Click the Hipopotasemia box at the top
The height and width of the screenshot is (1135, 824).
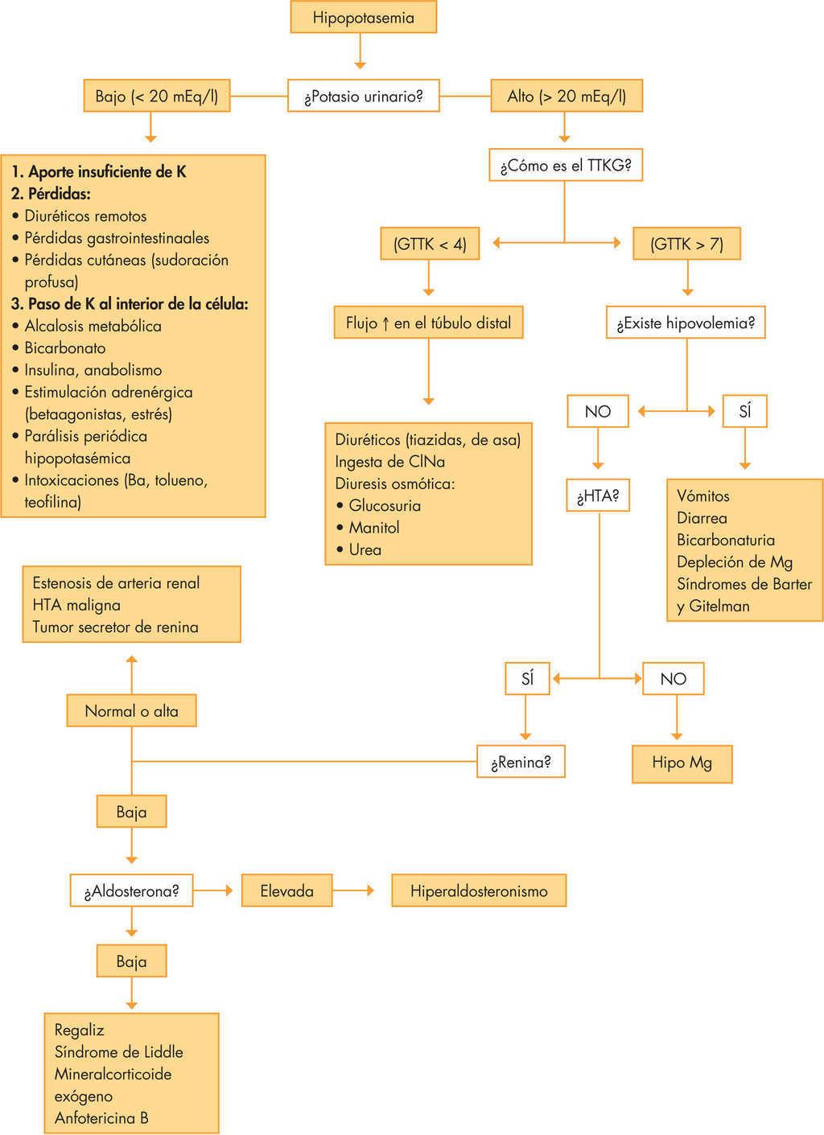[363, 17]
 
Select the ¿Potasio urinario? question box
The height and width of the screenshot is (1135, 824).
[363, 97]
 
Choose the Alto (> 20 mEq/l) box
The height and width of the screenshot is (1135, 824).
[566, 97]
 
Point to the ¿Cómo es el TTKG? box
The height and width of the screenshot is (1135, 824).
[566, 167]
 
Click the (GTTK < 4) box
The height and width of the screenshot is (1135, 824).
[430, 244]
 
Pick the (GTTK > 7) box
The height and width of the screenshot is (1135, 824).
[686, 244]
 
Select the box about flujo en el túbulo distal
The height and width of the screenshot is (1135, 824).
[428, 323]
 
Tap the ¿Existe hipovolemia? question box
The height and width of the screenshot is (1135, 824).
[686, 323]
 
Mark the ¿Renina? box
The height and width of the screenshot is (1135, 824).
[521, 762]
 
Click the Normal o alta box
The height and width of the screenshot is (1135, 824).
[131, 711]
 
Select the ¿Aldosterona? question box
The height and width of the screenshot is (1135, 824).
[131, 890]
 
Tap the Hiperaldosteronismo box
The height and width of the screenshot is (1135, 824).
[479, 890]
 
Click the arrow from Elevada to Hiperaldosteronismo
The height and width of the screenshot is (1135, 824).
[354, 890]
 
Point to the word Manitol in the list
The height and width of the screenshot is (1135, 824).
[373, 528]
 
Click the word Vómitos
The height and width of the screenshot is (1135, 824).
[702, 496]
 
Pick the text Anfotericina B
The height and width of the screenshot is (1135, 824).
[101, 1117]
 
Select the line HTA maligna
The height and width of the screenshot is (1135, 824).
[76, 605]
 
